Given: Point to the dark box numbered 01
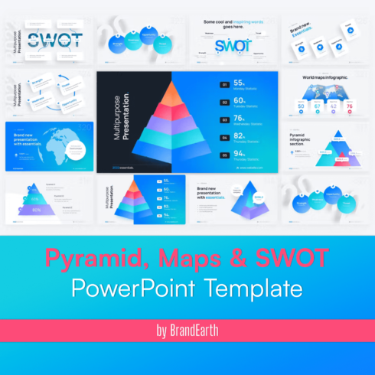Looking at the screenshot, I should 224,85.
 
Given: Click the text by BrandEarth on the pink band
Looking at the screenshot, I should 187,332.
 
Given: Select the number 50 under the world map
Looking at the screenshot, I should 301,106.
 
